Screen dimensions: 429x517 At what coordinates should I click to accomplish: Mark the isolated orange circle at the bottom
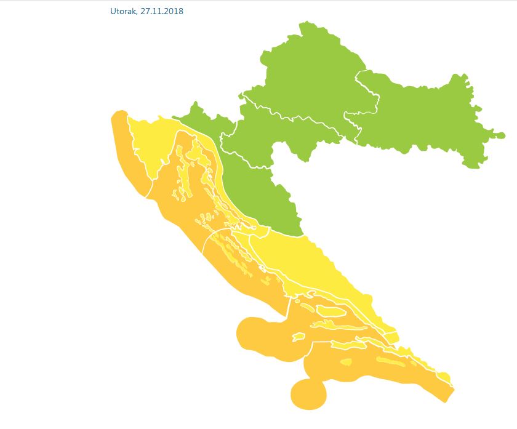[308, 394]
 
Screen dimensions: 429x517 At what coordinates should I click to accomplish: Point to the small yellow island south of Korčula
[345, 363]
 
